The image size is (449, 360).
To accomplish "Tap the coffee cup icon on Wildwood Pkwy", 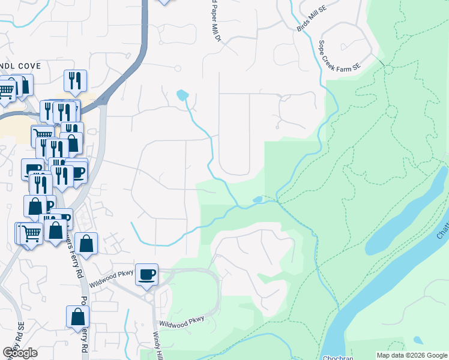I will [x=146, y=275].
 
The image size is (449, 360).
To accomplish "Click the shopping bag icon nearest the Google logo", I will [x=78, y=317].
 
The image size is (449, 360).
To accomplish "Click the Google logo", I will [x=20, y=353].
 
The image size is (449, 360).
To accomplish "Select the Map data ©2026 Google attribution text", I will [x=412, y=355].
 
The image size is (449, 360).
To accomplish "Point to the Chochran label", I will [x=337, y=357].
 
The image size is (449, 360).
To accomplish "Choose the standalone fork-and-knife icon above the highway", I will [x=75, y=80].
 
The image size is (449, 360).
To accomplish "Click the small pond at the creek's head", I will [x=182, y=95].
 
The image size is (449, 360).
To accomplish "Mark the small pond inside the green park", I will [x=257, y=200].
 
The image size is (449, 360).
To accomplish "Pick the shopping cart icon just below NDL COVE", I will [x=6, y=90].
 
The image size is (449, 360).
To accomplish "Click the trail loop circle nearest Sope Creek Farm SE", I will [x=388, y=69].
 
